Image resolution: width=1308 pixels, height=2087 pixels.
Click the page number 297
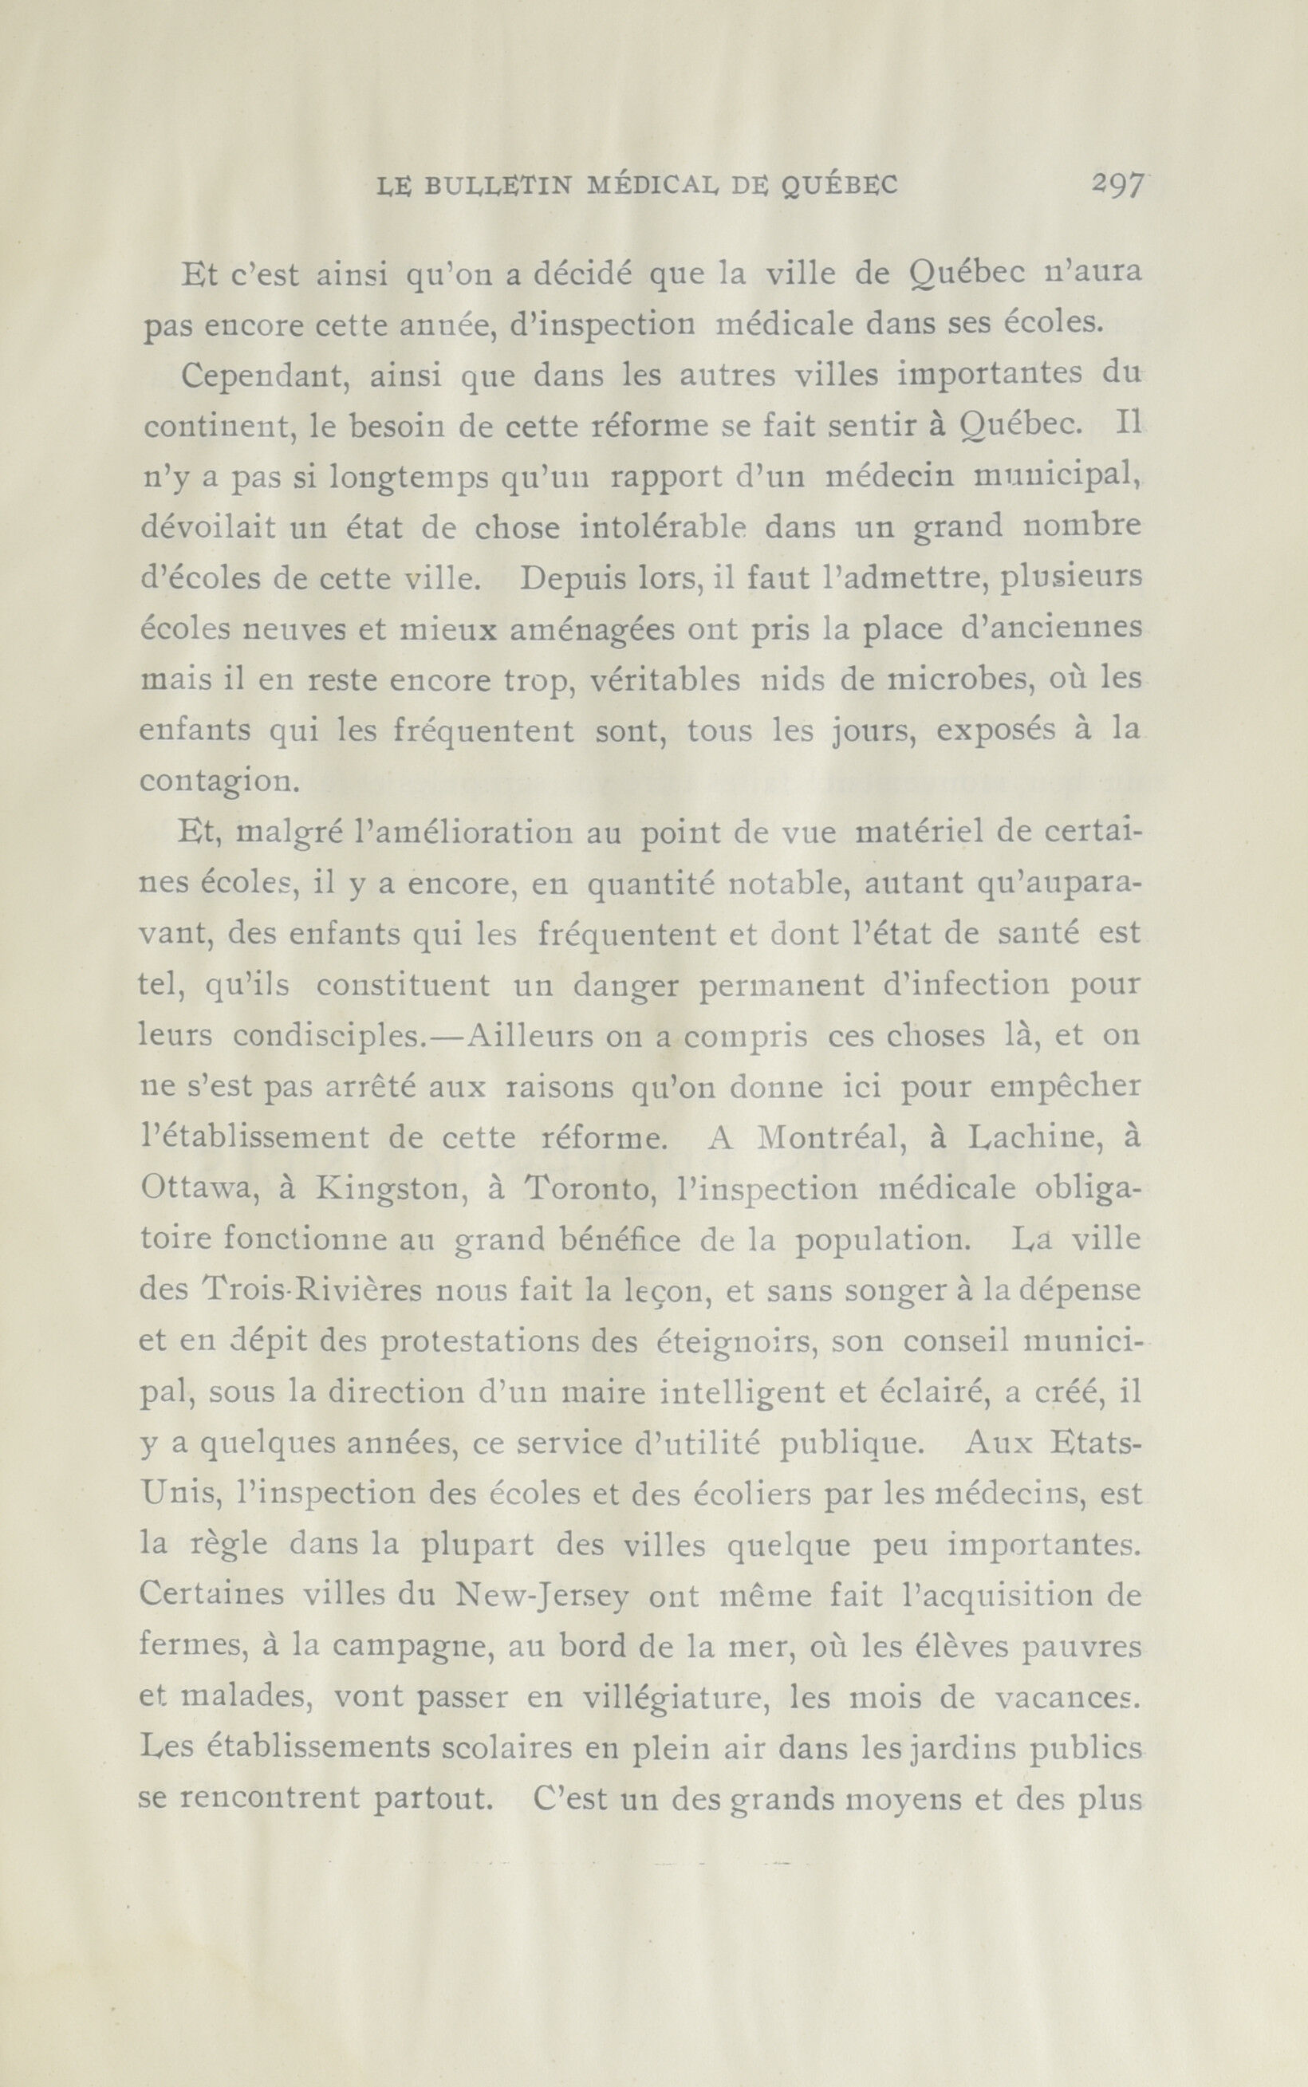click(x=1117, y=184)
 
